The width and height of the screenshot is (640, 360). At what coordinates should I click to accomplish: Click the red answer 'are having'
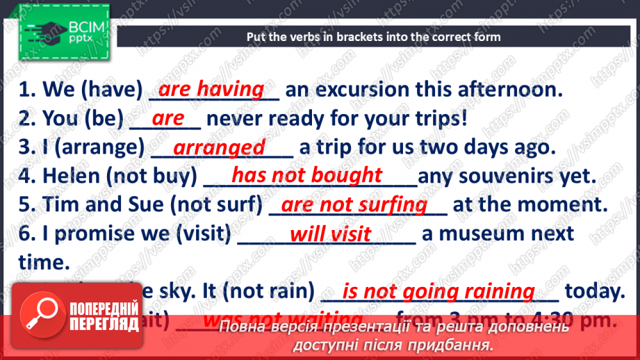(211, 89)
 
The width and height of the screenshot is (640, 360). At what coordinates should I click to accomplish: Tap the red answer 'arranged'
(219, 147)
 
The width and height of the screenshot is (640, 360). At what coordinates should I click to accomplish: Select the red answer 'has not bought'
(306, 175)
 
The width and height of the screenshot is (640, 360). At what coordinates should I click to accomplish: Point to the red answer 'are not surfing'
(354, 204)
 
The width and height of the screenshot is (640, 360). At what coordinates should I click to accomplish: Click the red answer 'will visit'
(330, 234)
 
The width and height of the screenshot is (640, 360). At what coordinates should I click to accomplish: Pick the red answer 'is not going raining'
(439, 291)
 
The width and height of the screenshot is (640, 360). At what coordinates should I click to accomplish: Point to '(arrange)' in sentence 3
(110, 148)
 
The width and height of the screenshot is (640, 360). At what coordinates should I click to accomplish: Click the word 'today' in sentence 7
(595, 291)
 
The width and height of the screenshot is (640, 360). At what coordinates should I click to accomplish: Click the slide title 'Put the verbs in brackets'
(374, 37)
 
